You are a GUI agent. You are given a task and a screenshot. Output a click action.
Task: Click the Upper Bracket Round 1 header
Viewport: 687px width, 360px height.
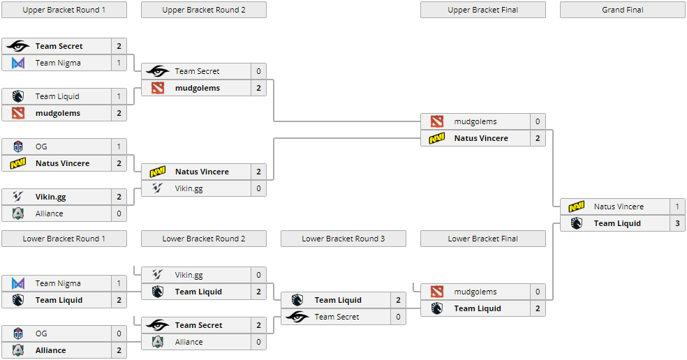point(64,10)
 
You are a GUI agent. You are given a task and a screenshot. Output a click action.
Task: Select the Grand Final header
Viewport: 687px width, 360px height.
point(622,10)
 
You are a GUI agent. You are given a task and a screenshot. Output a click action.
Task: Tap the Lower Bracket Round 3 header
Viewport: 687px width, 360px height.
point(343,239)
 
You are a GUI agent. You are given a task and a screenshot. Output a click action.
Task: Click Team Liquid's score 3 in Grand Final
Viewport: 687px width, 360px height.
point(677,223)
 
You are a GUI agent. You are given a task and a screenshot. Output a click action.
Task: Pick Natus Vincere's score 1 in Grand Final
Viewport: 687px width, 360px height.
point(677,207)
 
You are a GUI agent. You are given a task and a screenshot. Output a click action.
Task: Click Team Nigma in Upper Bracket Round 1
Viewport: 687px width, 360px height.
point(58,63)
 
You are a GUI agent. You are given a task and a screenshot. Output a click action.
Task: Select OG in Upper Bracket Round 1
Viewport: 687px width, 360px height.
point(41,147)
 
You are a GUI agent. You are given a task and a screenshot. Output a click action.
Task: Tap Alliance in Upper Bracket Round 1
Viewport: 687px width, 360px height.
point(49,213)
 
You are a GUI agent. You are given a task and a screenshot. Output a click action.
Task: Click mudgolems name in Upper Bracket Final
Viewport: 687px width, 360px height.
point(475,121)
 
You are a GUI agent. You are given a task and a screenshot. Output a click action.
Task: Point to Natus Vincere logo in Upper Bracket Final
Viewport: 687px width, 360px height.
point(437,138)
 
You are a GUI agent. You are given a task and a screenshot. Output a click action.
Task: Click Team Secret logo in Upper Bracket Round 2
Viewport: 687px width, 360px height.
point(158,71)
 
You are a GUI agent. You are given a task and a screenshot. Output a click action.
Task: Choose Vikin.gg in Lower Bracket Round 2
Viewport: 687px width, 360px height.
point(189,275)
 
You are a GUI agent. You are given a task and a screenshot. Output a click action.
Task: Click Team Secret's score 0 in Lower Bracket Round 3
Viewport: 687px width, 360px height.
point(398,317)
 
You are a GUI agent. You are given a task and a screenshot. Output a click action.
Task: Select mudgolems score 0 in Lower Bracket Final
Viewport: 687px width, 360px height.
point(538,292)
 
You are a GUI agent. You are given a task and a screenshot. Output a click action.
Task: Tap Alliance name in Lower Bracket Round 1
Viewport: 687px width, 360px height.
point(50,350)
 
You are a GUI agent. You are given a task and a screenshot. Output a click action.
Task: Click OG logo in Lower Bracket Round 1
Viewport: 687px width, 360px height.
point(18,333)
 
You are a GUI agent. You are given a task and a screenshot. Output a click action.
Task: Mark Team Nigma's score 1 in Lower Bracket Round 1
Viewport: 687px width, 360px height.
point(119,283)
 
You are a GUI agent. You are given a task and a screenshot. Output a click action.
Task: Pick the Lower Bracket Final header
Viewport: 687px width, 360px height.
point(482,239)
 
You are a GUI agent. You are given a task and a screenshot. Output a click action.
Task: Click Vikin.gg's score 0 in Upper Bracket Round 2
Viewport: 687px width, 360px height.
point(258,188)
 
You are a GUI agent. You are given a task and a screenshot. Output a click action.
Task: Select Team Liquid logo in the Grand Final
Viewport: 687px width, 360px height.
point(577,223)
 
